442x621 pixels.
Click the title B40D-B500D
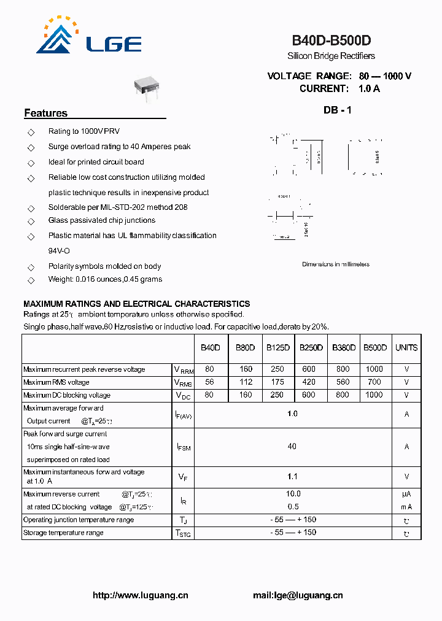tap(331, 41)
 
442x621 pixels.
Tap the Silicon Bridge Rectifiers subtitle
tap(331, 56)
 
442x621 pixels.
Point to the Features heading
tap(46, 113)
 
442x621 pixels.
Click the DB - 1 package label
tap(338, 110)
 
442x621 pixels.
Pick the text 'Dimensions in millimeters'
tap(336, 264)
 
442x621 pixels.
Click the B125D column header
tap(278, 347)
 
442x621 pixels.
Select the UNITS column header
tap(406, 347)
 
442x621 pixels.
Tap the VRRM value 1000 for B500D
tap(374, 369)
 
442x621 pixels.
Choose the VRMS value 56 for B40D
tap(209, 382)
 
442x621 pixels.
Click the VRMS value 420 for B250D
tap(308, 382)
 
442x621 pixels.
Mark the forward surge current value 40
tap(292, 447)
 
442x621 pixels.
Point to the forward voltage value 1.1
tap(292, 476)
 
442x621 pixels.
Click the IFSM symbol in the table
tap(183, 447)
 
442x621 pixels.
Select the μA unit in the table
tap(406, 494)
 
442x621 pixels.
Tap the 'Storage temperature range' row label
tap(63, 533)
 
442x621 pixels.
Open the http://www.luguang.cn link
tap(141, 595)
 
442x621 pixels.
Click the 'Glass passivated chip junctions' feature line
tap(102, 220)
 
